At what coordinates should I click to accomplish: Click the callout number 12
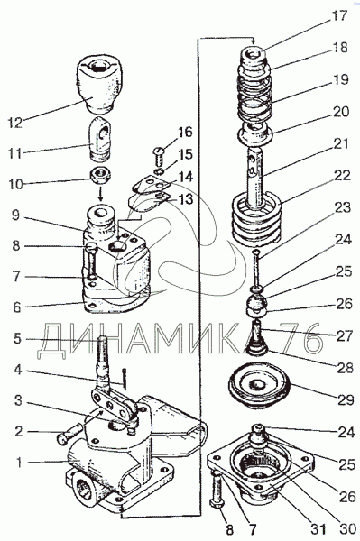click(x=14, y=123)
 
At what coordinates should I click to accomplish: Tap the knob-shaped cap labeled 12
click(x=98, y=85)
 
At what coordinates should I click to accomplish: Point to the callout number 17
click(x=338, y=15)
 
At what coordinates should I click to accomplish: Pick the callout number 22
click(x=342, y=176)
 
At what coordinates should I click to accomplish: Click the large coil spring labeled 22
click(x=256, y=221)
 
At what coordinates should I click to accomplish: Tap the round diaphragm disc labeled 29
click(x=259, y=389)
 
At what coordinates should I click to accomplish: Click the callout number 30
click(x=346, y=528)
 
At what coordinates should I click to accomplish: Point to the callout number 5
click(x=17, y=338)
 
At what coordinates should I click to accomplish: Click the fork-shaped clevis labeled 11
click(x=99, y=139)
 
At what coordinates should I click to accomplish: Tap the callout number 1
click(x=19, y=463)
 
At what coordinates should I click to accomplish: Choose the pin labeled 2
click(x=69, y=433)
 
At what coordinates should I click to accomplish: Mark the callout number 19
click(x=340, y=79)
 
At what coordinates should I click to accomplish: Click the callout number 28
click(x=346, y=368)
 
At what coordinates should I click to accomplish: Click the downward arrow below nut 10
click(x=101, y=195)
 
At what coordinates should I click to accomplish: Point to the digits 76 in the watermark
click(x=301, y=337)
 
